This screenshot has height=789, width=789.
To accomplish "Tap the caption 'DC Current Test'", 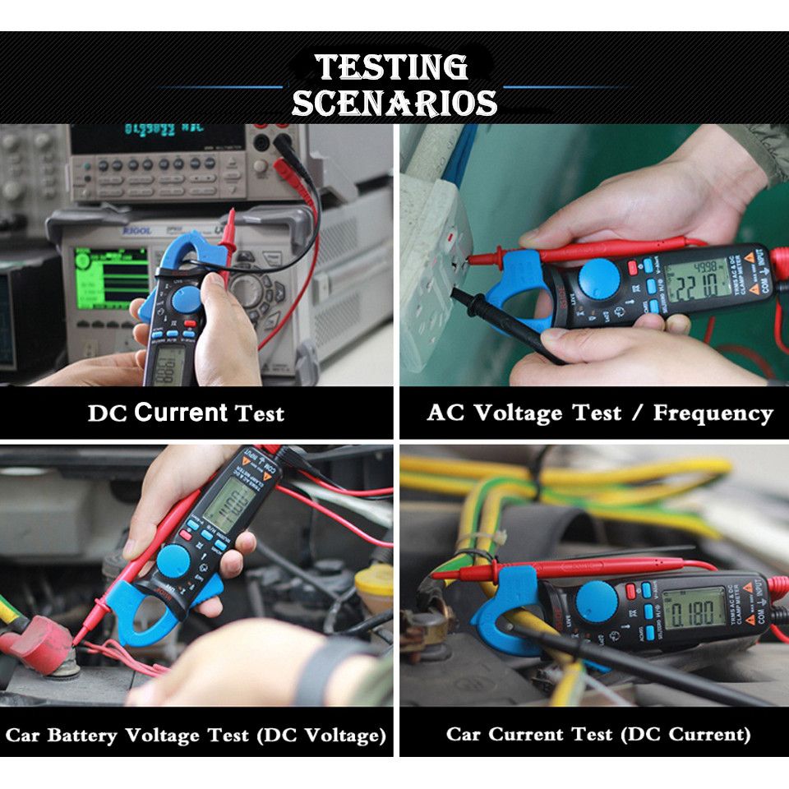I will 186,413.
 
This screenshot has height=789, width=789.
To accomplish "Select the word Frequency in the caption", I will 713,413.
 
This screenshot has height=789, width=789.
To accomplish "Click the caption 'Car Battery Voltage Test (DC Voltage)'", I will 196,734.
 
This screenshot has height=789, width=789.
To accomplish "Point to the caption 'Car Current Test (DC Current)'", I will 598,734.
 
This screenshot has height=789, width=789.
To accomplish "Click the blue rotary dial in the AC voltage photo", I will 599,279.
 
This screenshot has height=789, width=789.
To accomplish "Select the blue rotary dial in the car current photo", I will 597,601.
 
